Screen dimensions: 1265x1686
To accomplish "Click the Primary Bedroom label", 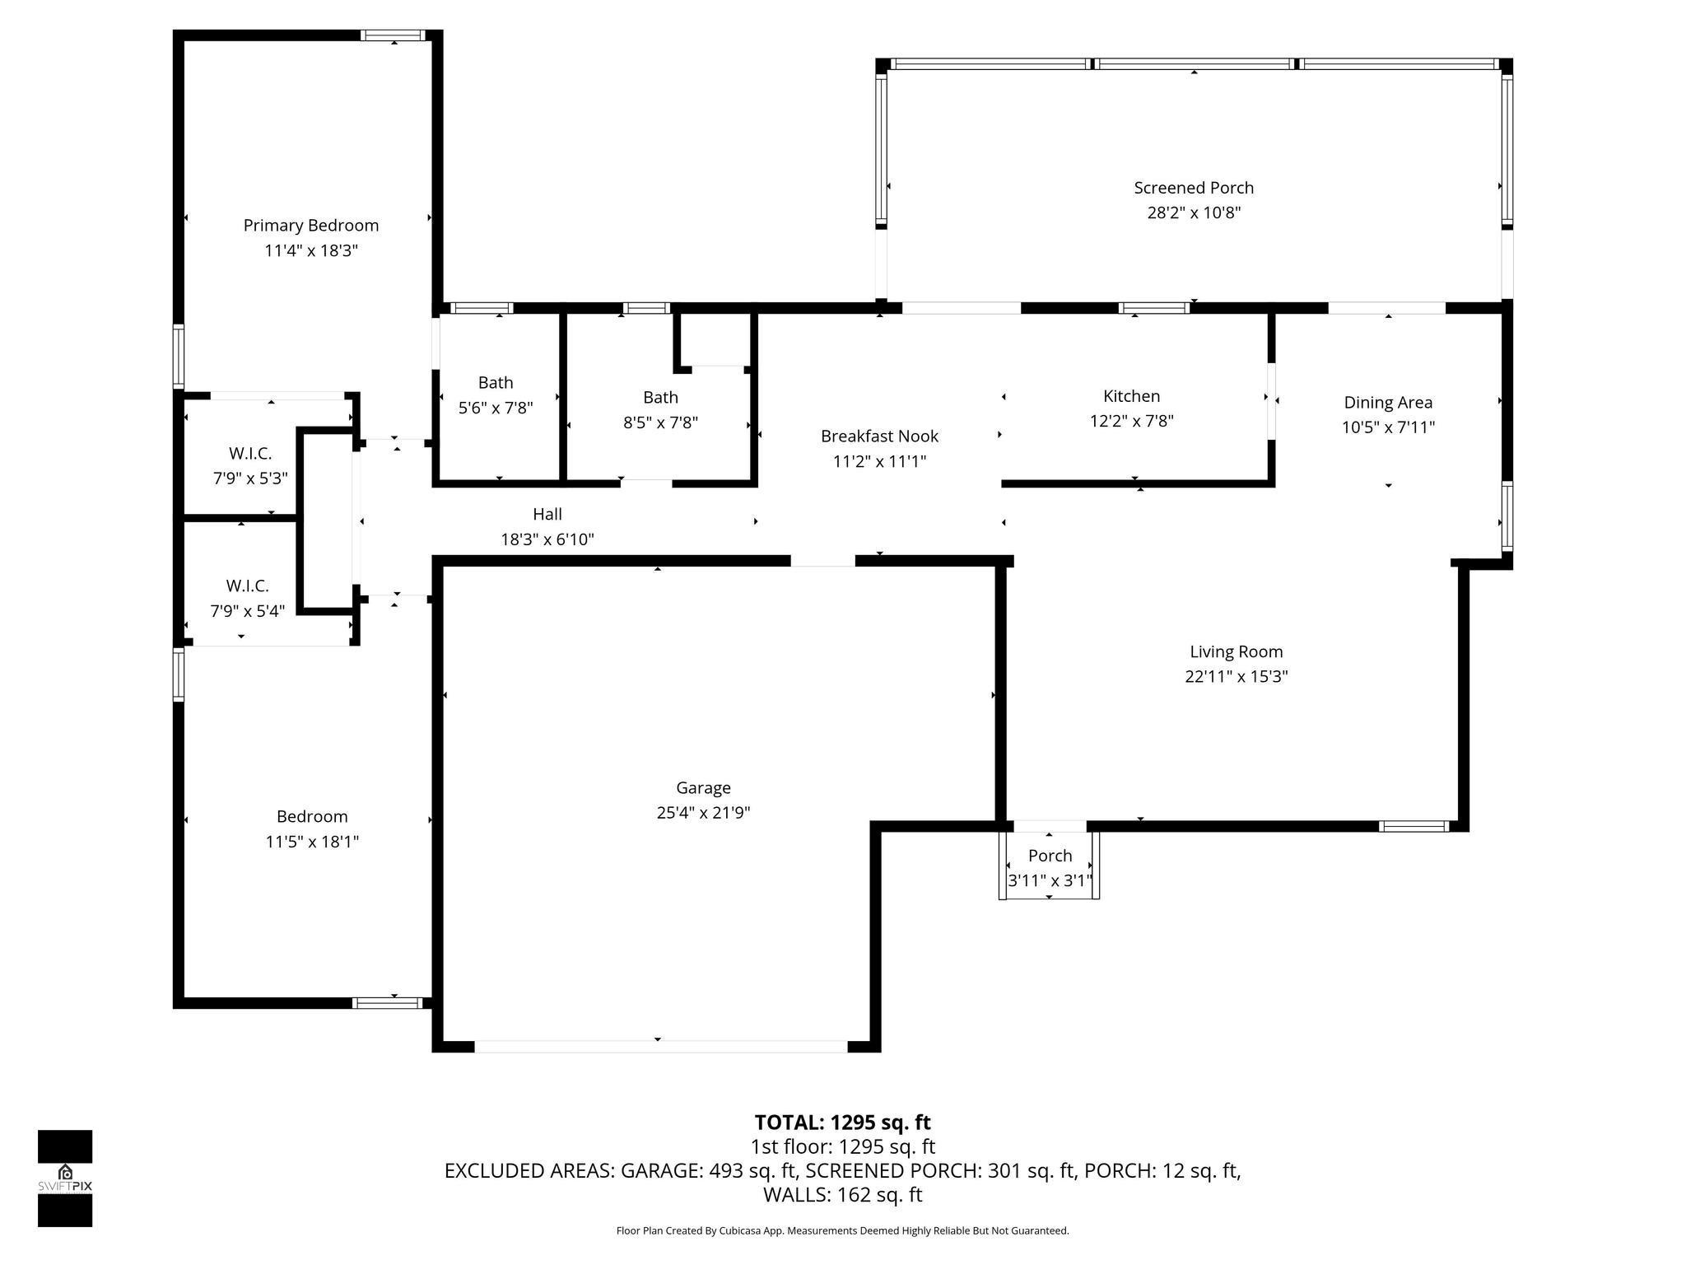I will (310, 226).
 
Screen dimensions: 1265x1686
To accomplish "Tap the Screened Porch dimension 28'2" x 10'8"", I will (1194, 213).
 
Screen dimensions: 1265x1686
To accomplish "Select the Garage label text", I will (703, 788).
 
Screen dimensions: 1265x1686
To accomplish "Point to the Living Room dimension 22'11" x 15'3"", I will (1236, 677).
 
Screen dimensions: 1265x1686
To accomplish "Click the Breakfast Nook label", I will (879, 436).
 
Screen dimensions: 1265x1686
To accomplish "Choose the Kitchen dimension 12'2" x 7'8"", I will (1131, 422).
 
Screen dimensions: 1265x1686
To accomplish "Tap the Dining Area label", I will (1388, 403).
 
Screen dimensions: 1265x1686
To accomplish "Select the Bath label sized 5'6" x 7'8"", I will (496, 383).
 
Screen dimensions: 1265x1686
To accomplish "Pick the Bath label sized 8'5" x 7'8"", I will (660, 398).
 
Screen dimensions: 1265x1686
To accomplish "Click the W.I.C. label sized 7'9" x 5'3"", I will (249, 454).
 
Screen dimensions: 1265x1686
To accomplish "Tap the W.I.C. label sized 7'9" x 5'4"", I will (247, 586).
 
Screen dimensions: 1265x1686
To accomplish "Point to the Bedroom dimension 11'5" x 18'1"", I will (312, 842).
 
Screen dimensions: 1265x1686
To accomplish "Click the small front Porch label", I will (1050, 856).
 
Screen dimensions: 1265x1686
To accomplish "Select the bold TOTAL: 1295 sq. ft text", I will (842, 1123).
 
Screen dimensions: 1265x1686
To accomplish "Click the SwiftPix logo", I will (65, 1178).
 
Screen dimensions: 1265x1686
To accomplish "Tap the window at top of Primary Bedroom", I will (394, 35).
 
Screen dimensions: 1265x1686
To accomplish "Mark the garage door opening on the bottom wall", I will (660, 1046).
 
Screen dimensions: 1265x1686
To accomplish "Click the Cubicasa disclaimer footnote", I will (842, 1231).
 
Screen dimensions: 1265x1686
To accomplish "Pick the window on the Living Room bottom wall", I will (1414, 826).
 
